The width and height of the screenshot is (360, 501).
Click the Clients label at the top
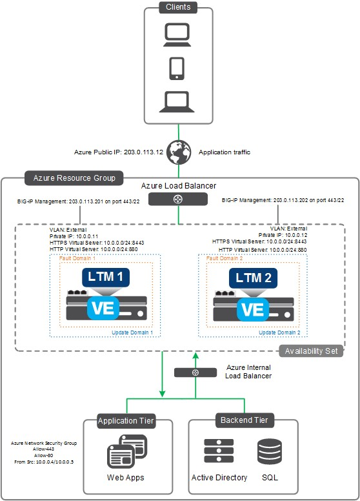179,7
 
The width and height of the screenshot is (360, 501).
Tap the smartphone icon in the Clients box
179,68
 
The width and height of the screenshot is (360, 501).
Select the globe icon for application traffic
179,152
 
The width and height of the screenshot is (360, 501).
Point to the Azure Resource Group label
70,178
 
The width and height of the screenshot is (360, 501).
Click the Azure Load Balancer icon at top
179,199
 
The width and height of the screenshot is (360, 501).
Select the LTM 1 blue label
106,278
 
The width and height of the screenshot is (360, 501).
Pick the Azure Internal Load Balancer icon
195,373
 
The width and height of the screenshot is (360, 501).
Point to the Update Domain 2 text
279,332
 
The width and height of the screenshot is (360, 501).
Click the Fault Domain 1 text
78,258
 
